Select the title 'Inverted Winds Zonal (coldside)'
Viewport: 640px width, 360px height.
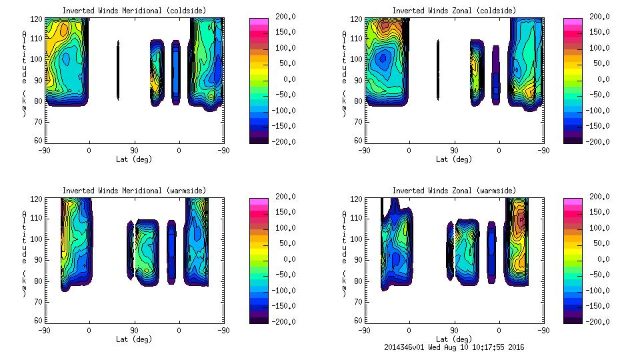tap(453, 11)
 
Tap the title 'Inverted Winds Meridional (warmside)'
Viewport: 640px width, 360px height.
tap(135, 191)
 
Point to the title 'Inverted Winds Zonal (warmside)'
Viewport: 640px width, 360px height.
tap(453, 191)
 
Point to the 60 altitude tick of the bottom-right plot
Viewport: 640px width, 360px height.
tap(358, 321)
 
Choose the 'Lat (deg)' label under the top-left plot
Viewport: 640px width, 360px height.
tap(134, 159)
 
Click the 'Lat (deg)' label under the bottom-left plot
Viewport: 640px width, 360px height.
tap(134, 339)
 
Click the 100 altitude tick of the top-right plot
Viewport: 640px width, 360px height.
tap(358, 59)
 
